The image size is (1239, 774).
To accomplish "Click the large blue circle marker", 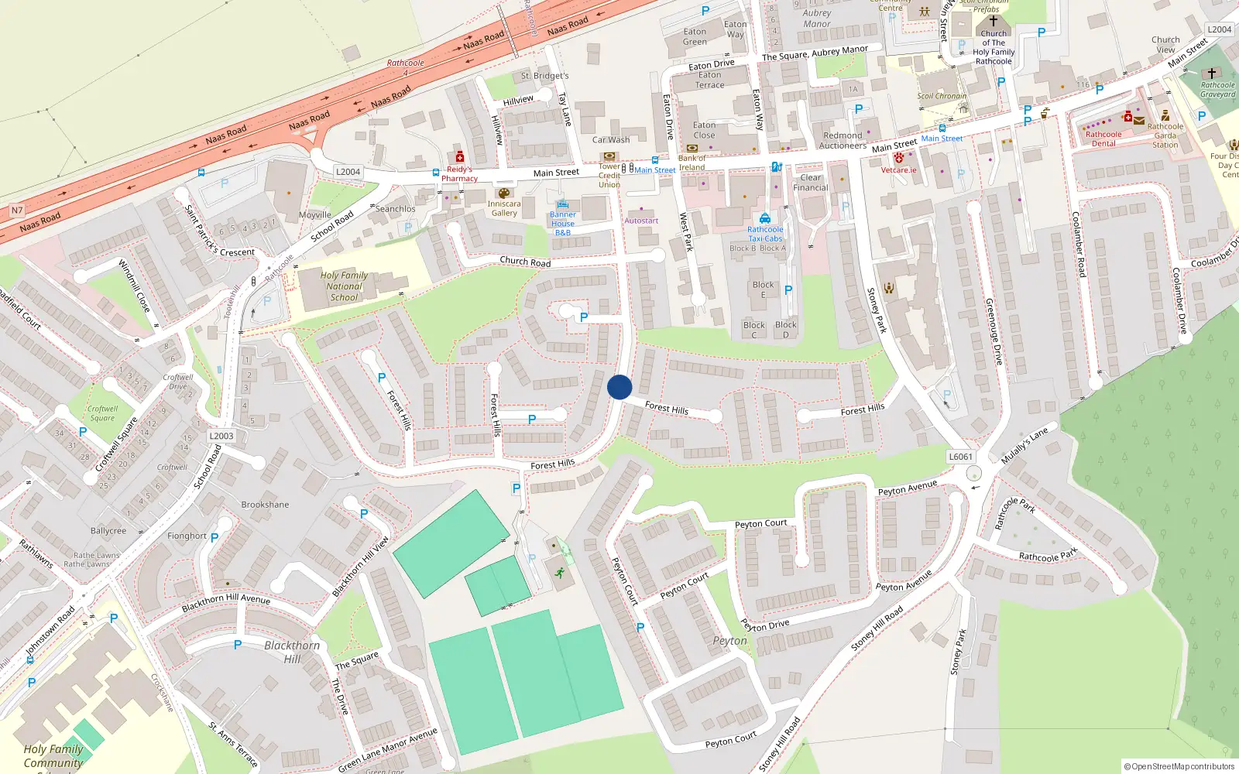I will [619, 387].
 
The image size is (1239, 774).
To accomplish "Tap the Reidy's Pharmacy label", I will [459, 174].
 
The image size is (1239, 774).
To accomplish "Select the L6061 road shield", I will [960, 457].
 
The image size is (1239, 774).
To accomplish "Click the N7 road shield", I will [17, 211].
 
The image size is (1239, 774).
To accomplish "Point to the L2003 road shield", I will [221, 436].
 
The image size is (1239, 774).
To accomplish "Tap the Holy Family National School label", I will [344, 286].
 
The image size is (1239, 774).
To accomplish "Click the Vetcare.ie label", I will [898, 170].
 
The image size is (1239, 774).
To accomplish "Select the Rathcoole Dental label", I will [1103, 139].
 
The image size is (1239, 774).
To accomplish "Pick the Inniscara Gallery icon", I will [504, 193].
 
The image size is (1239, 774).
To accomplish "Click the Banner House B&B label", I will [563, 224].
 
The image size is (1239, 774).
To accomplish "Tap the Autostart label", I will [641, 221].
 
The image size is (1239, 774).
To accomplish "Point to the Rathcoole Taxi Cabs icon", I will [765, 218].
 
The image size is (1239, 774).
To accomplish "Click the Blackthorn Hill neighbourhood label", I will [292, 652].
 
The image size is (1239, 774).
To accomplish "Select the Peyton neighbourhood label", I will [730, 641].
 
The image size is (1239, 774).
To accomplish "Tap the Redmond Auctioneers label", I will [843, 140].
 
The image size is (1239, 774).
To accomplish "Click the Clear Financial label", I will [811, 183].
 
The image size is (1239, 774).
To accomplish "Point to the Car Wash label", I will [611, 140].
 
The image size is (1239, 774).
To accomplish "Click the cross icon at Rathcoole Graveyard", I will [1212, 74].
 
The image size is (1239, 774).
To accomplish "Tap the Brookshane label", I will [265, 505].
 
